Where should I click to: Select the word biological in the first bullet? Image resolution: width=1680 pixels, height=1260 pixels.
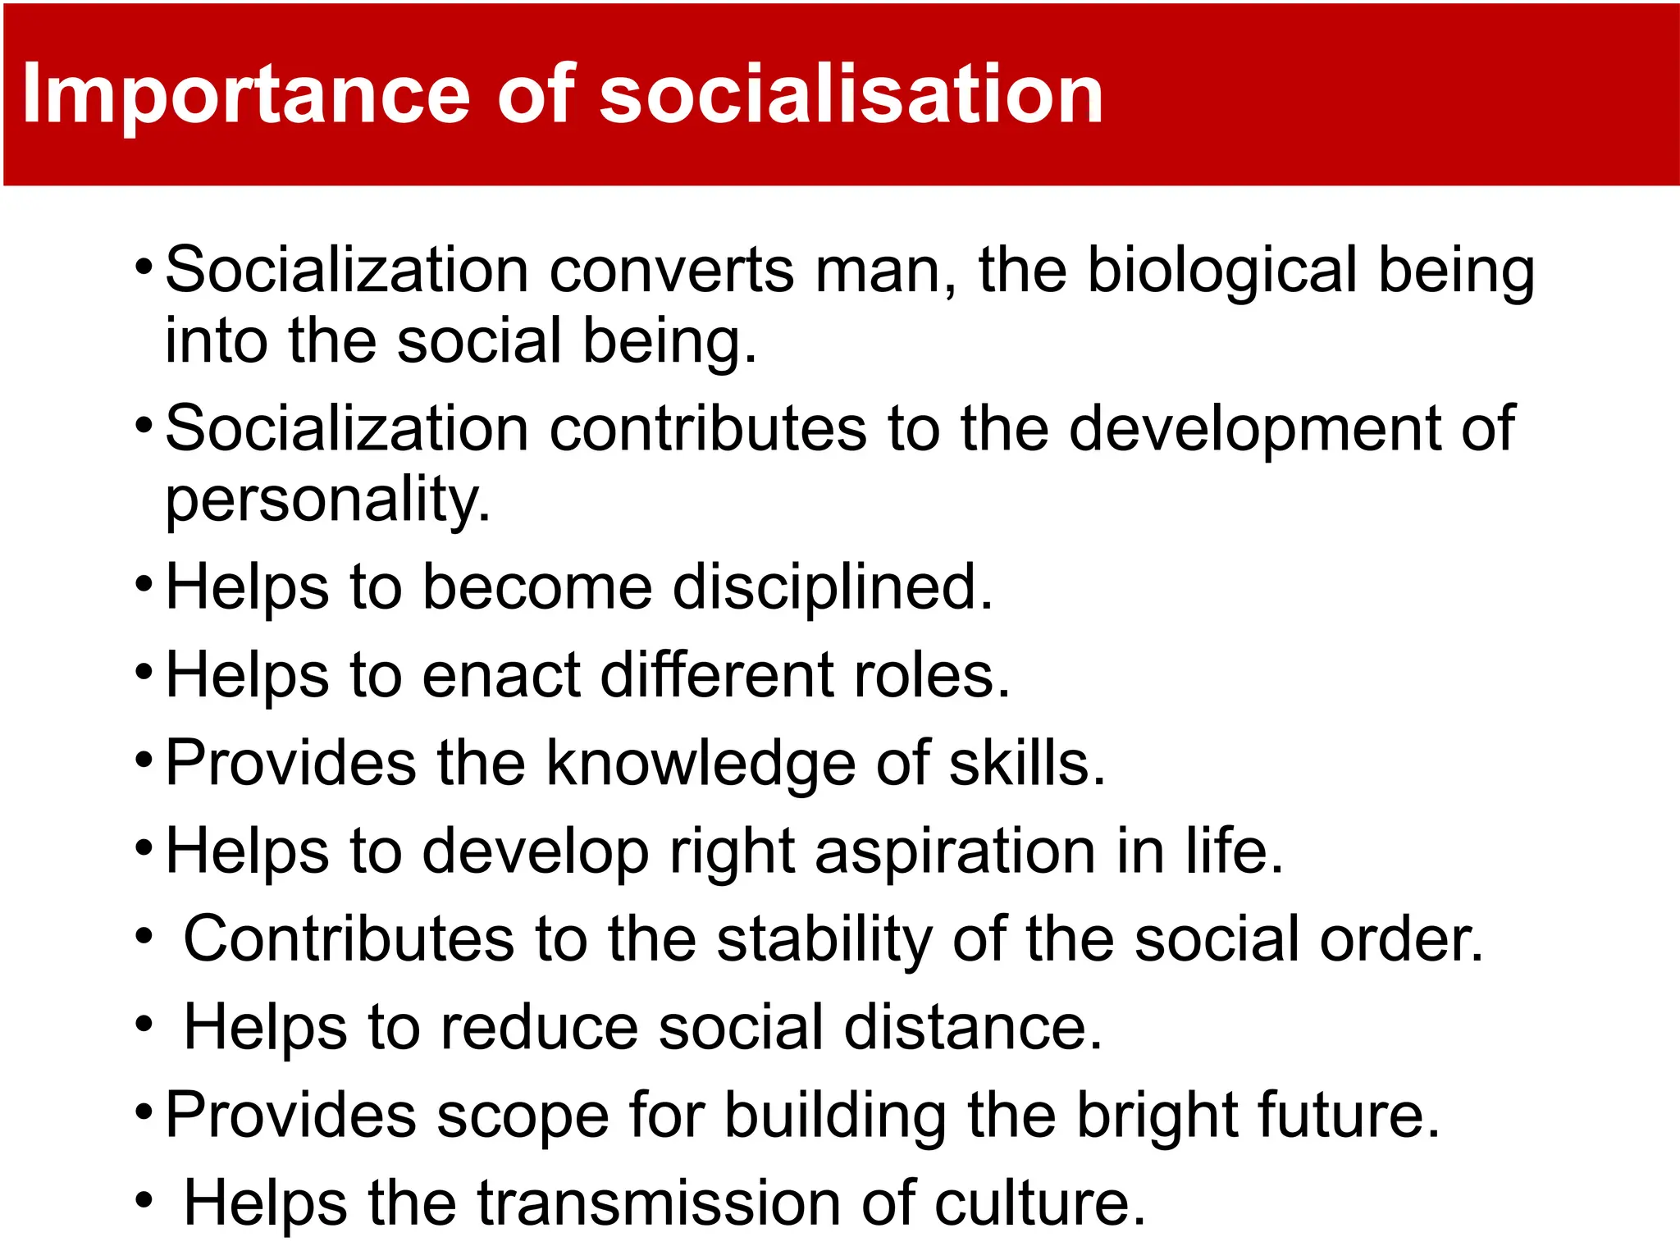click(1222, 271)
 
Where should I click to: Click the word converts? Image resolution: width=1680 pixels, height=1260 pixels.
click(672, 271)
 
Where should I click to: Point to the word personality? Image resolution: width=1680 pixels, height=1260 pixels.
click(327, 500)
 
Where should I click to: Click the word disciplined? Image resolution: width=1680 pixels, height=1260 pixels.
click(833, 587)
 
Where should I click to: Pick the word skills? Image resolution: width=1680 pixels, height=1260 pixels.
click(1026, 764)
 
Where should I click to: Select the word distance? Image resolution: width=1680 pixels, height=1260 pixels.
click(972, 1027)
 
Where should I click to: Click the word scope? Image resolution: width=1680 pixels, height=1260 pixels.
click(522, 1116)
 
